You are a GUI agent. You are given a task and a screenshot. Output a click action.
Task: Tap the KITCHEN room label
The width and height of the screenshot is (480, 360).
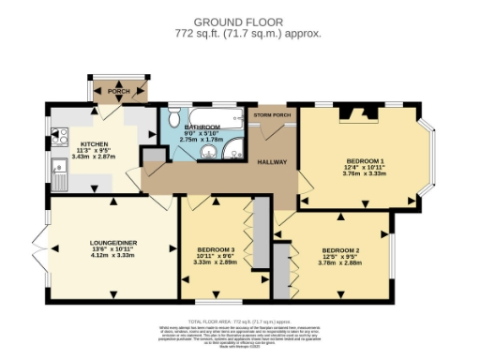[x=94, y=143]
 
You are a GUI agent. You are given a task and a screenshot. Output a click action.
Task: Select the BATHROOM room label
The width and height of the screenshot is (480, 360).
[x=202, y=127]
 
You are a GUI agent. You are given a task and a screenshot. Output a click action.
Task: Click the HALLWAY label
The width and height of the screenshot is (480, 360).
[x=274, y=161]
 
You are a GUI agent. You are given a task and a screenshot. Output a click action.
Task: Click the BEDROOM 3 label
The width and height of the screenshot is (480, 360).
[x=215, y=248]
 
